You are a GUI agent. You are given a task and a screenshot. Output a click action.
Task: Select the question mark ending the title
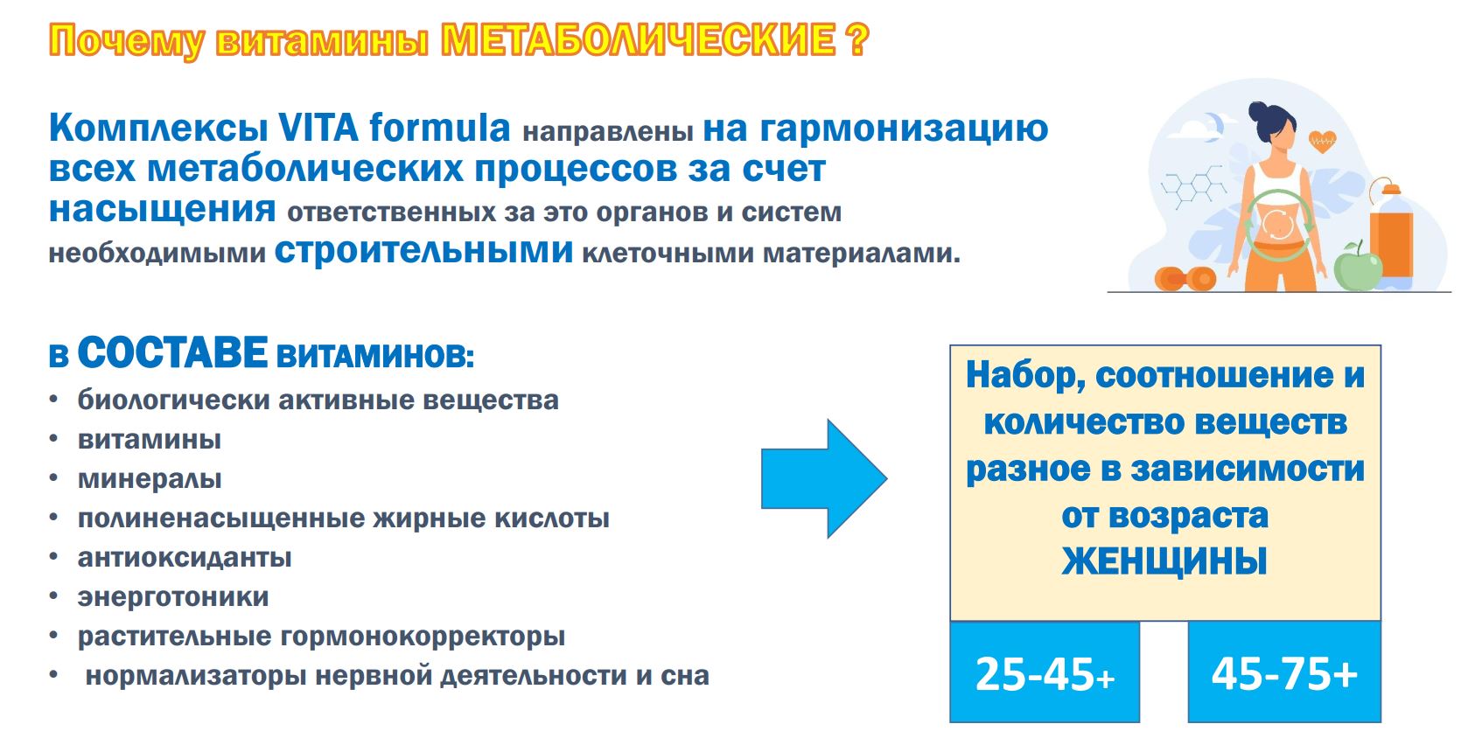[x=857, y=40]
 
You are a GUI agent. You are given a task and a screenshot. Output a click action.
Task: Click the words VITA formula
[x=394, y=128]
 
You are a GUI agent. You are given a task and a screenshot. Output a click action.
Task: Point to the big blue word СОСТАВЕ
[x=172, y=353]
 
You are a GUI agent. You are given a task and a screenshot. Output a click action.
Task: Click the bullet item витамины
[x=149, y=439]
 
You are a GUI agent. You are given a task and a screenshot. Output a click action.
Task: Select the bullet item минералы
[x=150, y=478]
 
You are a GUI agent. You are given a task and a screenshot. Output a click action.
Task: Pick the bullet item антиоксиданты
[x=184, y=557]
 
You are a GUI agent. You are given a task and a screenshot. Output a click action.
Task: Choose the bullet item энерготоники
[x=172, y=596]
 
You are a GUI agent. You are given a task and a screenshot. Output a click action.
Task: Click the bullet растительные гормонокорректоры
[x=321, y=636]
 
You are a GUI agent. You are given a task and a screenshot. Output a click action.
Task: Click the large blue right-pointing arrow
[x=823, y=478]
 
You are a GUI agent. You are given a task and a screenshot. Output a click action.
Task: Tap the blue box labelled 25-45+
[x=1045, y=672]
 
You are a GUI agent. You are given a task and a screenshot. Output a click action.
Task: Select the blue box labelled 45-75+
[x=1283, y=672]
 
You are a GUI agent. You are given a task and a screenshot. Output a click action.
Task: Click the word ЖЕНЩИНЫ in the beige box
[x=1164, y=561]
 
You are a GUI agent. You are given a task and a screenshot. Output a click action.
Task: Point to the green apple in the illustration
[x=1357, y=267]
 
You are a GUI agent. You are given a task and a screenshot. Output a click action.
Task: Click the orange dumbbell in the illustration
[x=1185, y=279]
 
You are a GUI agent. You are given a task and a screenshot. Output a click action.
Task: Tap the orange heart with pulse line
[x=1322, y=139]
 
